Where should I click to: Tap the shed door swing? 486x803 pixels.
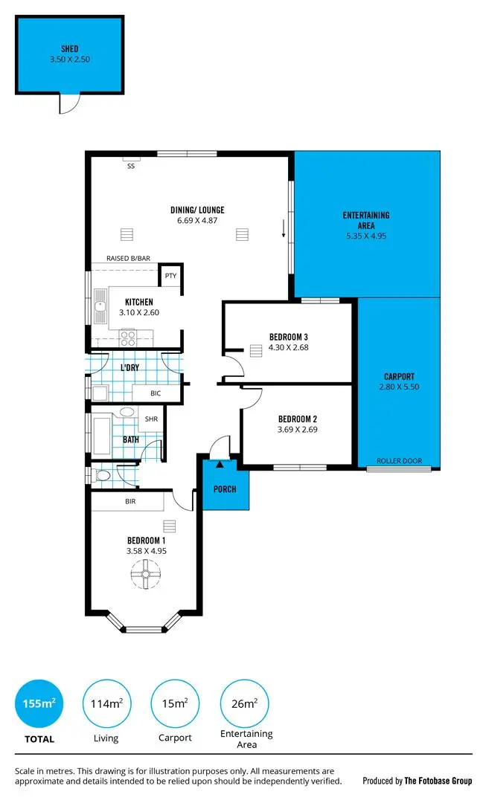point(68,104)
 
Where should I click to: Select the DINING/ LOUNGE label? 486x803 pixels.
point(197,210)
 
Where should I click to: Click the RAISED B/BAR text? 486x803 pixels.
point(128,258)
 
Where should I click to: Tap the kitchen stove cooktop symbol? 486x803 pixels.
point(128,338)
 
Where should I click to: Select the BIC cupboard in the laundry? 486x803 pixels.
point(156,393)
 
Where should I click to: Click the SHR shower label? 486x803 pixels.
point(151,419)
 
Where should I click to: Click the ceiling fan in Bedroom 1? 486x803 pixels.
point(144,575)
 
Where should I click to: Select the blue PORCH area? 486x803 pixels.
point(225,488)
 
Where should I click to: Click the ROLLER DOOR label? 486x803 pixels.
point(399,461)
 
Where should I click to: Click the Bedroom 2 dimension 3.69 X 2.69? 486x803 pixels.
point(298,428)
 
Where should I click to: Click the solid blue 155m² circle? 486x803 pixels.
point(39,703)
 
